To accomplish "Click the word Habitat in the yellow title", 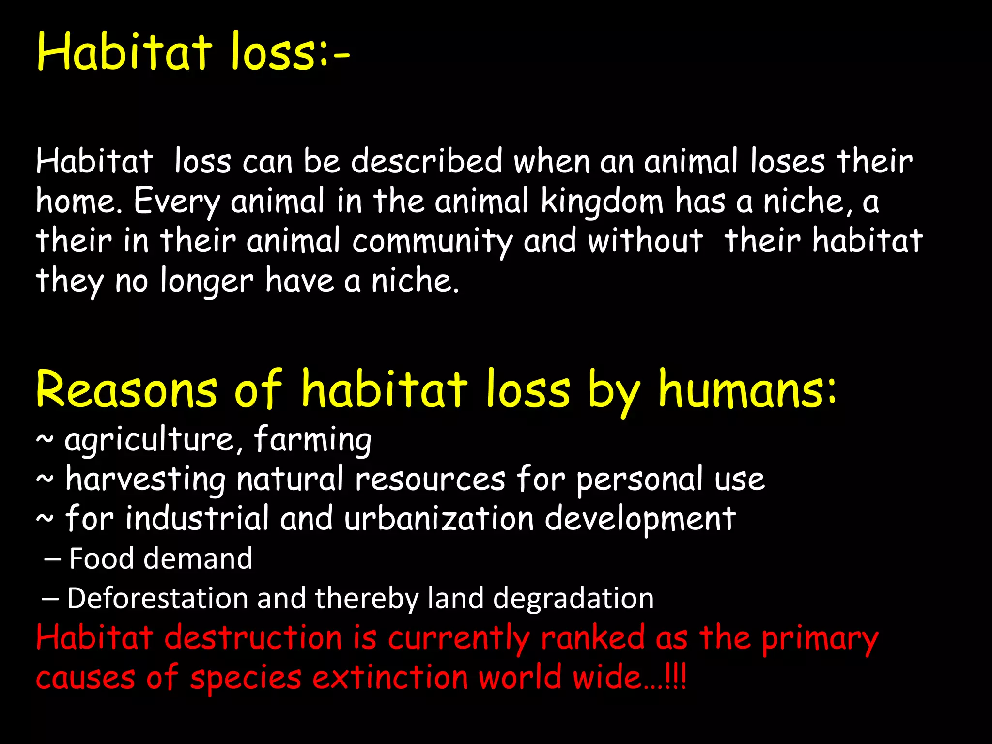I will [124, 52].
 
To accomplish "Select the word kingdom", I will [602, 201].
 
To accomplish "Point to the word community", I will [432, 241].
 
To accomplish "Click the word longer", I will [207, 281].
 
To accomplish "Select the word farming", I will [313, 440].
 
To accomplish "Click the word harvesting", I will [145, 480].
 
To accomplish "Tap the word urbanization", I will [439, 519].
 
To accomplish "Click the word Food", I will [101, 558].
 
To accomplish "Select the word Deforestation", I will [157, 598].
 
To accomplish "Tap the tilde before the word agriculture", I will [45, 440].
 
